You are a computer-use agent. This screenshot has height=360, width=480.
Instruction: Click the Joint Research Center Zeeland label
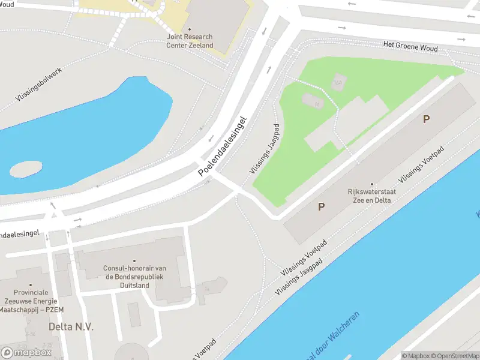[x=190, y=41]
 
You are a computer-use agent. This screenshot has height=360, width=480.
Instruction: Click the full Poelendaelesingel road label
[x=223, y=146]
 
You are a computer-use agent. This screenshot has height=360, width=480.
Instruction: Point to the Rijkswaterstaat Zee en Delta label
[x=369, y=196]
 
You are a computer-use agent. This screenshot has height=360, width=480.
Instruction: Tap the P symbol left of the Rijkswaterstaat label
[x=322, y=207]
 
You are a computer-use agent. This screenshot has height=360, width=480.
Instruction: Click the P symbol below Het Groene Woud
[x=426, y=119]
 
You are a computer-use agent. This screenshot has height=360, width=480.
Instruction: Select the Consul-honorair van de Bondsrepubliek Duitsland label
[x=127, y=277]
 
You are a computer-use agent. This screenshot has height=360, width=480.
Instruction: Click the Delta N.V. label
[x=71, y=327]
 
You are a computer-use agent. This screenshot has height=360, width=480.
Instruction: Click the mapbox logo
[x=26, y=353]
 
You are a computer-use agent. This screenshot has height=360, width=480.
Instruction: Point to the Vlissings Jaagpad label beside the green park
[x=265, y=149]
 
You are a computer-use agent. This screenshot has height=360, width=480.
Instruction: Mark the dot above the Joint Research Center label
[x=190, y=28]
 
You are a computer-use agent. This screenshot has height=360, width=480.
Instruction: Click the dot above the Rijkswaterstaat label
[x=372, y=184]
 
